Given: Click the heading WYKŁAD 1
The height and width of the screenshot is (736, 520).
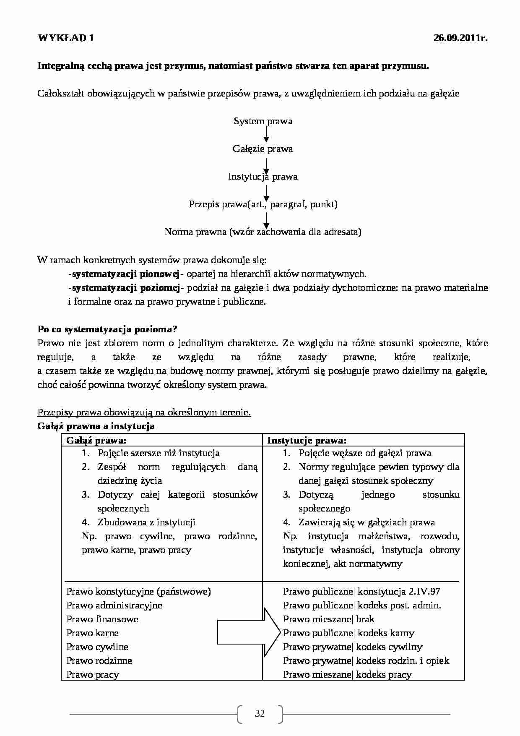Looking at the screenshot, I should pyautogui.click(x=66, y=38).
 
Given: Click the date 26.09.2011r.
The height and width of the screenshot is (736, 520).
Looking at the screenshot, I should pyautogui.click(x=460, y=38).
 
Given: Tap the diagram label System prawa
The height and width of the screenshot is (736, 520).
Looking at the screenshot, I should pyautogui.click(x=263, y=121).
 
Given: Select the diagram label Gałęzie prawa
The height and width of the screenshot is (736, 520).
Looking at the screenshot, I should pyautogui.click(x=263, y=149).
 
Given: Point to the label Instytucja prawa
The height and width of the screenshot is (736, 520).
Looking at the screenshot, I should pyautogui.click(x=263, y=177).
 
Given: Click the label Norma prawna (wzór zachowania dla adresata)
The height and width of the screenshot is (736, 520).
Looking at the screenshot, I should pyautogui.click(x=263, y=232).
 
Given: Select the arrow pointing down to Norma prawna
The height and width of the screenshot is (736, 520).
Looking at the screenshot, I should pyautogui.click(x=266, y=219).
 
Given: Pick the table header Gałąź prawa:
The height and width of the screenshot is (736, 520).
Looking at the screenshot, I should pyautogui.click(x=96, y=440).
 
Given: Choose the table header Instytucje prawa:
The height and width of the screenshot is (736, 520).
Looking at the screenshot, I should pyautogui.click(x=307, y=440).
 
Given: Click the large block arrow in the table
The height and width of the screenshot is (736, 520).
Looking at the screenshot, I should pyautogui.click(x=249, y=632).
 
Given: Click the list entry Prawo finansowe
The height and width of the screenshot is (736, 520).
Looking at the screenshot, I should pyautogui.click(x=102, y=619).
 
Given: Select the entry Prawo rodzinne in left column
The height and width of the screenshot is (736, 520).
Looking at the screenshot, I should pyautogui.click(x=99, y=661).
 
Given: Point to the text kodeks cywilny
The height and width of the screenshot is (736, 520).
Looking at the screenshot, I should pyautogui.click(x=389, y=647).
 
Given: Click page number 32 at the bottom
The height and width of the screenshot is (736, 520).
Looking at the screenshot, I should pyautogui.click(x=260, y=714).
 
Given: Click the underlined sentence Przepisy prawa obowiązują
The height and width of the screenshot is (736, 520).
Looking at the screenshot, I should pyautogui.click(x=144, y=412).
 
